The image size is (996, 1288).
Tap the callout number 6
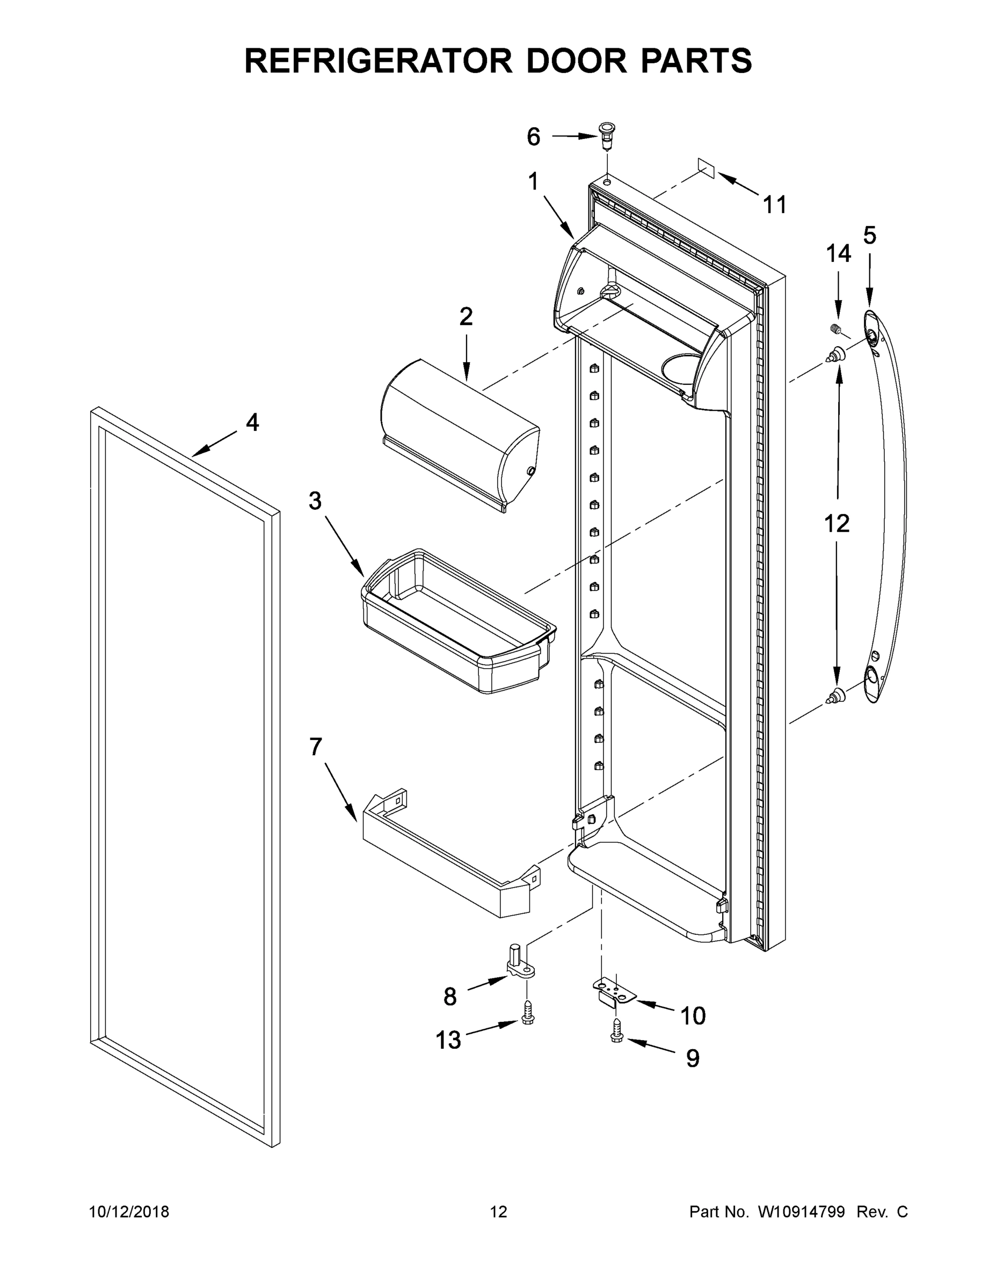click(533, 137)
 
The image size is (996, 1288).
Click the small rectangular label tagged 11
click(706, 168)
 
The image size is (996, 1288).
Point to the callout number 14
click(838, 254)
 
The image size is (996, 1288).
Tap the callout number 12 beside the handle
click(837, 523)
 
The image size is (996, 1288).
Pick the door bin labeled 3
click(457, 622)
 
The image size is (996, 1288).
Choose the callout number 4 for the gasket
click(252, 422)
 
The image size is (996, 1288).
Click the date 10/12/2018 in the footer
click(129, 1212)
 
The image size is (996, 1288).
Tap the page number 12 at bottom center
click(499, 1212)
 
